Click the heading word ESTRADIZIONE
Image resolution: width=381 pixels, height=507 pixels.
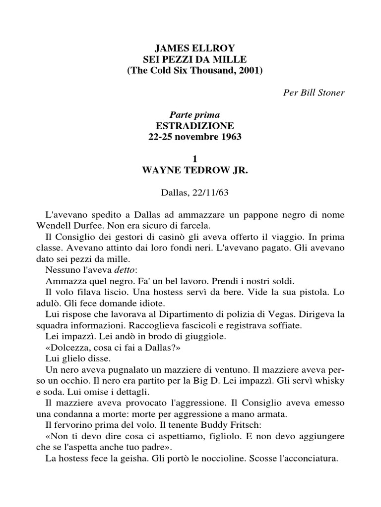click(191, 125)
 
